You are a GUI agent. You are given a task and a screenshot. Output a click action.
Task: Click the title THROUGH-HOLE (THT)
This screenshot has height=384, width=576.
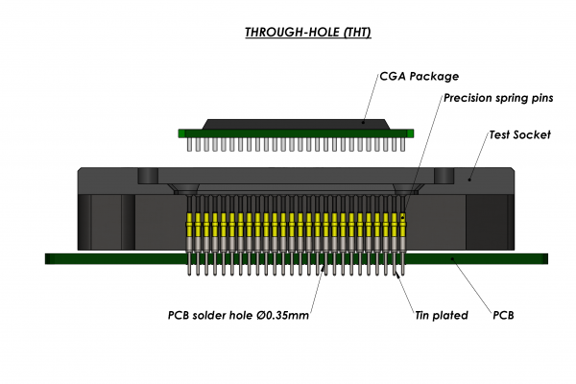[x=307, y=33]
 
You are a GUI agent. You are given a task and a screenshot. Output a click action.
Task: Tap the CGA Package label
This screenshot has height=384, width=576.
[x=420, y=76]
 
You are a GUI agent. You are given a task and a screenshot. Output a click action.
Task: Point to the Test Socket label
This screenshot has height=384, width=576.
[x=520, y=135]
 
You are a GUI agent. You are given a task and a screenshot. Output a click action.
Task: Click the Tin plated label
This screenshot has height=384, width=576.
[x=441, y=314]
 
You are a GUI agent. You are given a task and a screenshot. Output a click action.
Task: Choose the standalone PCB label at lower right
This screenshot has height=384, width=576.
[x=504, y=314]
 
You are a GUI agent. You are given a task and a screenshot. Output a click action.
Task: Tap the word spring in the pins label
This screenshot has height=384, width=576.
[x=503, y=98]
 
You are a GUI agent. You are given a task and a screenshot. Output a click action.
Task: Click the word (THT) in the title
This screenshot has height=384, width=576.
[x=352, y=33]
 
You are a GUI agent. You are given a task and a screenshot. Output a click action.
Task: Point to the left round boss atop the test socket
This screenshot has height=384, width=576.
[x=147, y=177]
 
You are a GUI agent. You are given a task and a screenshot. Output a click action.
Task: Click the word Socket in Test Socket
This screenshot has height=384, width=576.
[x=533, y=135]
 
